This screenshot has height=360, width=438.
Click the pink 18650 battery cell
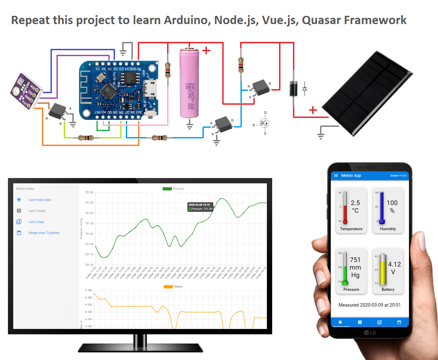[x=189, y=83]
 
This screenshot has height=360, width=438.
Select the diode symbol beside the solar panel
[x=305, y=89]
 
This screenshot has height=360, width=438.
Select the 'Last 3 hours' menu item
[x=37, y=211]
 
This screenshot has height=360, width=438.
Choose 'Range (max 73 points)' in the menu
[x=44, y=233]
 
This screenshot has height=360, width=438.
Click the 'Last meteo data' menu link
[x=40, y=200]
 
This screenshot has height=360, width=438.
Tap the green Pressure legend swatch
[x=167, y=189]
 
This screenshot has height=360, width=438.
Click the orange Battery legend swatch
[x=168, y=287]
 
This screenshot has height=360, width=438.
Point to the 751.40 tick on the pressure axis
[x=89, y=202]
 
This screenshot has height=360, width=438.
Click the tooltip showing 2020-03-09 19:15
[x=201, y=207]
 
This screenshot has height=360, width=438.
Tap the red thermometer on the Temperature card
[x=345, y=208]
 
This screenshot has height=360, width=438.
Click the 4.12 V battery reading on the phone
[x=394, y=268]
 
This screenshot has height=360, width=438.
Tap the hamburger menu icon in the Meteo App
[x=336, y=175]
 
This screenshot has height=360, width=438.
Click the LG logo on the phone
[x=370, y=333]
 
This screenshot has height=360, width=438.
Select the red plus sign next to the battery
[x=206, y=51]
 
